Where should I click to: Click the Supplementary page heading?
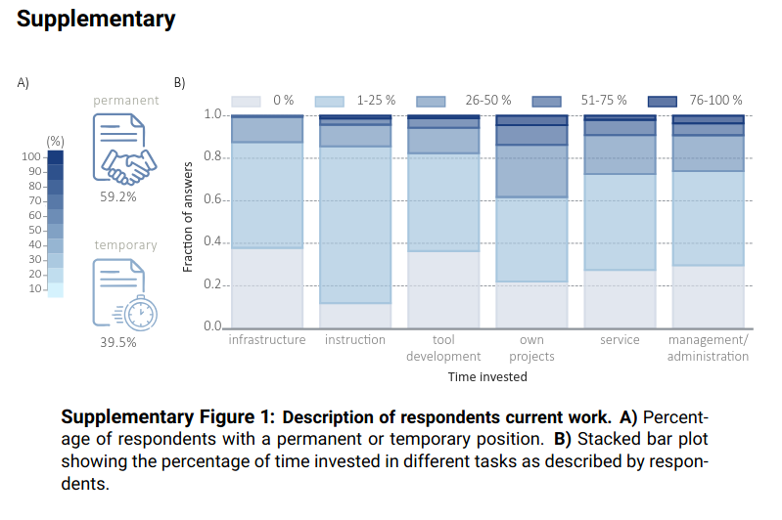tap(96, 19)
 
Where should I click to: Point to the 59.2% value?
tap(118, 196)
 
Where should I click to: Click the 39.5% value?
tap(118, 342)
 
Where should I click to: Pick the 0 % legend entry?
tap(264, 100)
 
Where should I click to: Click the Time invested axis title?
tap(486, 376)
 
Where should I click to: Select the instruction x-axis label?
tap(354, 340)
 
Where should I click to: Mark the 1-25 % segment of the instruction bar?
tap(354, 225)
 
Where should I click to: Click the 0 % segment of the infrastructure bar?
tap(266, 287)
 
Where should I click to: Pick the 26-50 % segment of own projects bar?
tap(531, 171)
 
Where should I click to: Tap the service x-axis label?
tap(620, 340)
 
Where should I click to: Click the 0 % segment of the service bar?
tap(620, 298)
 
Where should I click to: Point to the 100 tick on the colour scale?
tap(31, 156)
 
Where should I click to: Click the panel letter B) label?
tap(179, 83)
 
